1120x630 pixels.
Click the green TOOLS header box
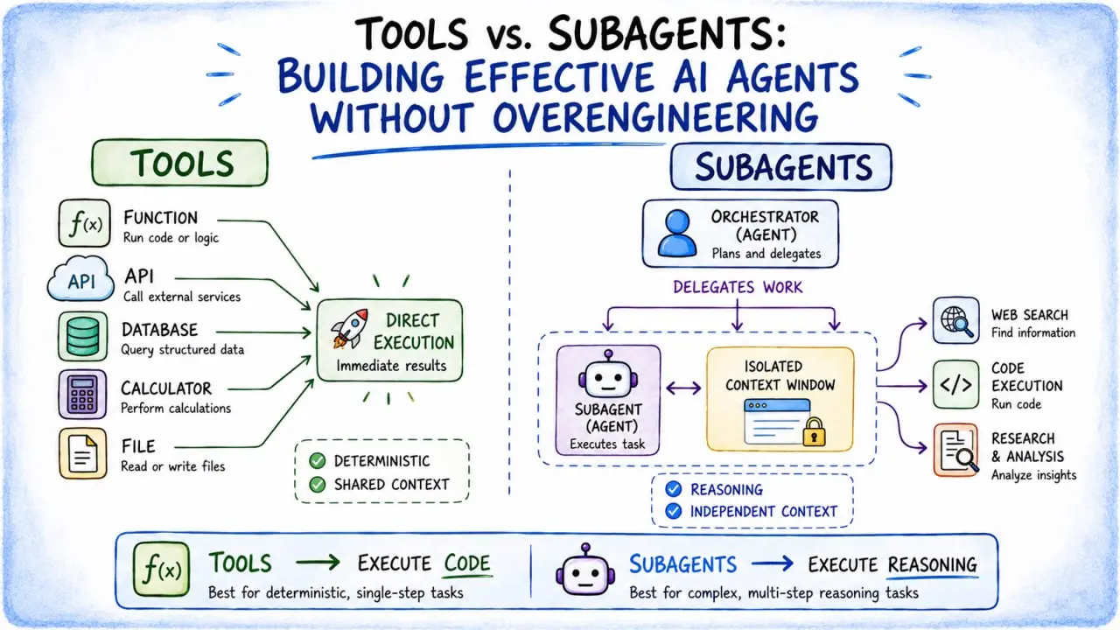180,163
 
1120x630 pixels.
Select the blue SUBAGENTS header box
781,167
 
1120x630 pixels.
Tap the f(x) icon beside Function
85,223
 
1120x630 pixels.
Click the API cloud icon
81,279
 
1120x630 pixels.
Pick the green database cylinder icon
82,336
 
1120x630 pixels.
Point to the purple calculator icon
82,395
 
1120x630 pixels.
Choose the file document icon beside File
83,453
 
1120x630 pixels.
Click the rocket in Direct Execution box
349,328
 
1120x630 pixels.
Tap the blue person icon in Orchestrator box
677,233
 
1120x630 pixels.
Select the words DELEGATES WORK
738,287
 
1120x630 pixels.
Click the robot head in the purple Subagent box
608,374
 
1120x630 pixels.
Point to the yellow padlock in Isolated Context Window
814,431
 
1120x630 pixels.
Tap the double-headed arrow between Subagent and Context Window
683,388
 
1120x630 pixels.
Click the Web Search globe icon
956,320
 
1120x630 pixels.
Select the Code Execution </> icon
956,384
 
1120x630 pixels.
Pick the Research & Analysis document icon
956,450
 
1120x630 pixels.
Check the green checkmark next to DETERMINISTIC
317,460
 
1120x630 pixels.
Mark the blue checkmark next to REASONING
674,489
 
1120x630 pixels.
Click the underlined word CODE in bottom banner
467,563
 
